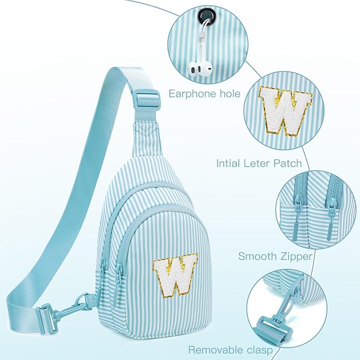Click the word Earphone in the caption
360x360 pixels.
192,94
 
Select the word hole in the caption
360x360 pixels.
230,93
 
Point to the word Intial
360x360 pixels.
228,163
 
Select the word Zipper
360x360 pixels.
295,256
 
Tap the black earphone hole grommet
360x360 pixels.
206,16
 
